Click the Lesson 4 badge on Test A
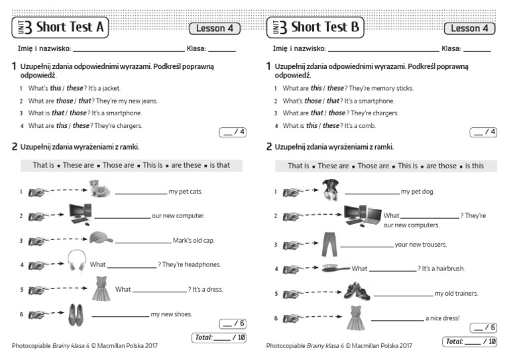coord(215,29)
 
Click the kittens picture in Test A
coord(100,190)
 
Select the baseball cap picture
coord(101,239)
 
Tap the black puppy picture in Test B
coord(330,189)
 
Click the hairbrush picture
coord(335,269)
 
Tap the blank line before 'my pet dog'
coord(372,194)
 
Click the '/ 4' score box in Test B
coord(483,133)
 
